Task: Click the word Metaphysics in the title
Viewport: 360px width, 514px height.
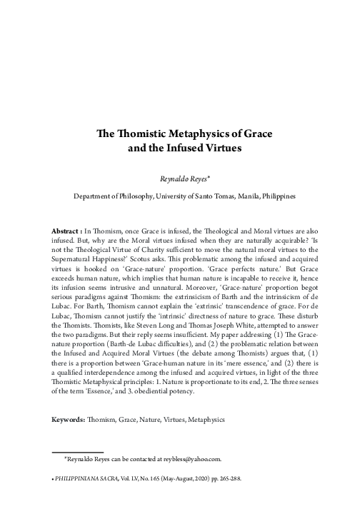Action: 187,133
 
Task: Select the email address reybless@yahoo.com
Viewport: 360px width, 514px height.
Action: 189,459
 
